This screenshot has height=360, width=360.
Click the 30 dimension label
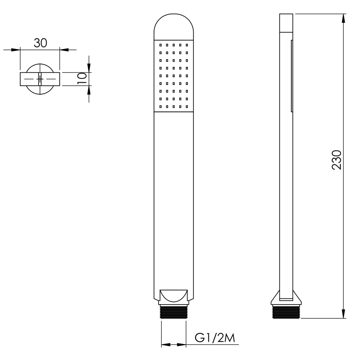pyautogui.click(x=40, y=43)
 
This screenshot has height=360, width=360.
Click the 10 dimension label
pyautogui.click(x=82, y=78)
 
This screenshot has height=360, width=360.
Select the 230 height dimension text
pyautogui.click(x=337, y=160)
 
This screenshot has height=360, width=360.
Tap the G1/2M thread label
pyautogui.click(x=215, y=338)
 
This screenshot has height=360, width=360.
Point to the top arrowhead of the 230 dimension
pyautogui.click(x=343, y=18)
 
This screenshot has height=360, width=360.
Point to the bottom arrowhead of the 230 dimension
pyautogui.click(x=343, y=314)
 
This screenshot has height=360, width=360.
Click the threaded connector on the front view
pyautogui.click(x=174, y=312)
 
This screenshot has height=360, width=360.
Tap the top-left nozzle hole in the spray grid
pyautogui.click(x=161, y=45)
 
